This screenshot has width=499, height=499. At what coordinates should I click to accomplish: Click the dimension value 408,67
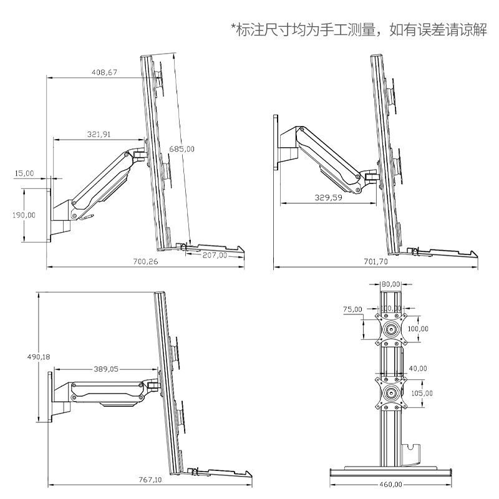(104, 72)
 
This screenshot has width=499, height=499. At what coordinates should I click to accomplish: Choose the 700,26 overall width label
(145, 262)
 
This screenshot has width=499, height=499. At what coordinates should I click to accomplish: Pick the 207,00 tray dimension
(215, 255)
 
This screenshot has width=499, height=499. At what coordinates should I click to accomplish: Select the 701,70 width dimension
(375, 262)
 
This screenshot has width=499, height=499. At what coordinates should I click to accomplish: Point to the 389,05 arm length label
(105, 369)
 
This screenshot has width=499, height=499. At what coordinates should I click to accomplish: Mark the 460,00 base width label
(389, 483)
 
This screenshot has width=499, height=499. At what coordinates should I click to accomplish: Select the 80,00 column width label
(391, 284)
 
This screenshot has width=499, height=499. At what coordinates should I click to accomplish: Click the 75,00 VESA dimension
(352, 308)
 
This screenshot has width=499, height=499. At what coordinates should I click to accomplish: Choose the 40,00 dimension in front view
(418, 369)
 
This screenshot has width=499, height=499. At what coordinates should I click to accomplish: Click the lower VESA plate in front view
(392, 393)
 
